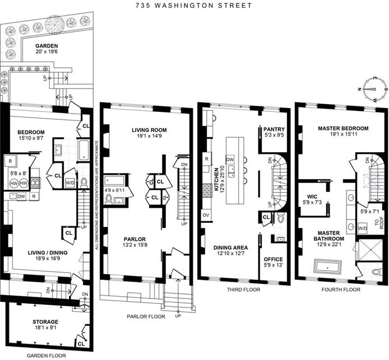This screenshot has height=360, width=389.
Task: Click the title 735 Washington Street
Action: point(193,6)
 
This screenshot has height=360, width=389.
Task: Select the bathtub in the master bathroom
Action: point(327,265)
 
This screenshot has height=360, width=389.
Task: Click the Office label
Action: point(274,259)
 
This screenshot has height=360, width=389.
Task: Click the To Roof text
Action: point(377,224)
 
